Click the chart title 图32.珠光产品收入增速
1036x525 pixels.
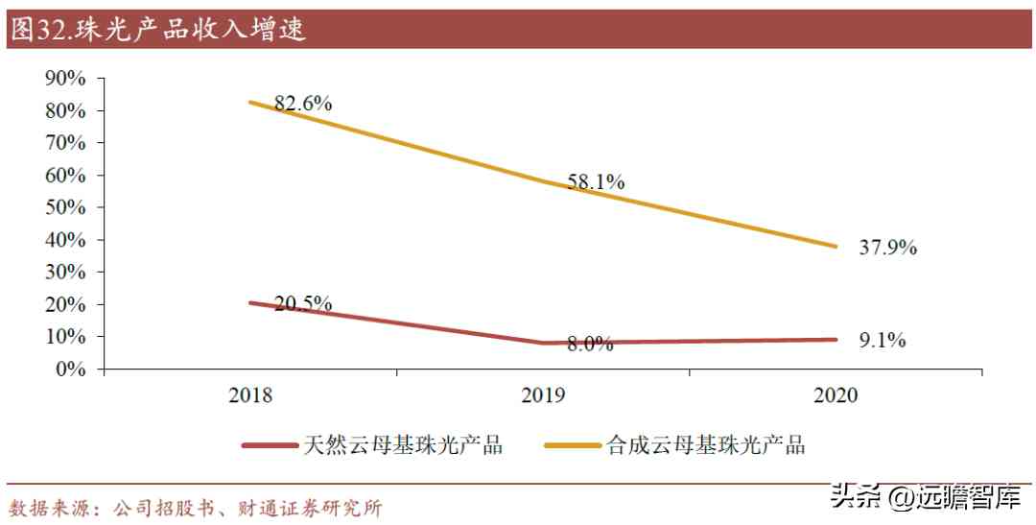click(x=157, y=30)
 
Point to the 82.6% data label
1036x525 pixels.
click(x=303, y=104)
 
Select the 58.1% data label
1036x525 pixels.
click(x=596, y=181)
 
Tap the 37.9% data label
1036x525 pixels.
click(x=888, y=248)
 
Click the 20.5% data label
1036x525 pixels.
click(x=303, y=304)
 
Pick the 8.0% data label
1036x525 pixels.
click(x=589, y=345)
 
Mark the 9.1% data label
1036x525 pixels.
click(x=883, y=340)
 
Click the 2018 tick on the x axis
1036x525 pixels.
click(x=251, y=395)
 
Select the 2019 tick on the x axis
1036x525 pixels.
click(x=544, y=395)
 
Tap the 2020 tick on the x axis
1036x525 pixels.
click(x=836, y=395)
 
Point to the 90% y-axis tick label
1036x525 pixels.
click(x=65, y=79)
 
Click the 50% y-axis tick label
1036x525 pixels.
click(x=65, y=207)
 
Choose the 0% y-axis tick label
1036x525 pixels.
click(x=71, y=369)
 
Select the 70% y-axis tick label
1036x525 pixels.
click(x=65, y=143)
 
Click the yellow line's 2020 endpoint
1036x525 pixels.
click(x=836, y=246)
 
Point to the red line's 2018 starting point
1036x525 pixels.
click(x=251, y=302)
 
